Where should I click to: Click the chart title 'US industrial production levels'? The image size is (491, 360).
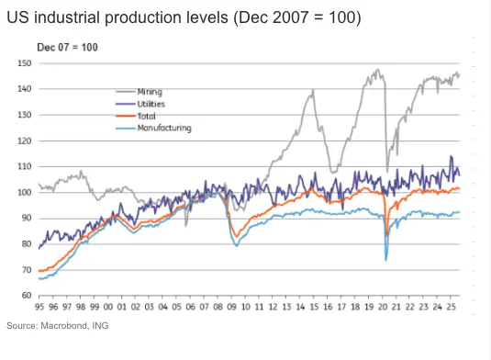[x=117, y=17]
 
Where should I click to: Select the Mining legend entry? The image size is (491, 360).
[x=139, y=92]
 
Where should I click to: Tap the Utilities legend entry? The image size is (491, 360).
[x=140, y=104]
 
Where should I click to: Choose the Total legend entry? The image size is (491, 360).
[x=136, y=117]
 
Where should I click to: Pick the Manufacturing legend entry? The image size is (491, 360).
[x=153, y=129]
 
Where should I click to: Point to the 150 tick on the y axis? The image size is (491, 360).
[x=25, y=63]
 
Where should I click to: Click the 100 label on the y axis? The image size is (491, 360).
[x=25, y=192]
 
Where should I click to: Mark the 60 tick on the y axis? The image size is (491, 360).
[x=27, y=295]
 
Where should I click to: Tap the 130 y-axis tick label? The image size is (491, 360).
[x=25, y=115]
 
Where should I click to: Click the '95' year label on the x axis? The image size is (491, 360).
[x=39, y=307]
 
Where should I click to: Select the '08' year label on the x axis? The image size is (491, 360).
[x=218, y=307]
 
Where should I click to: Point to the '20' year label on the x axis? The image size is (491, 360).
[x=383, y=307]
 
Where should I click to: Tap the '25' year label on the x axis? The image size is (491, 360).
[x=451, y=307]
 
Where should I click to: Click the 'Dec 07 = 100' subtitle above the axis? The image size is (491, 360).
[x=67, y=48]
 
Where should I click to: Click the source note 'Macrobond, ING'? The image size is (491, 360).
[x=75, y=326]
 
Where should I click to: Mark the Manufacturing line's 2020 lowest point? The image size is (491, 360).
[x=385, y=261]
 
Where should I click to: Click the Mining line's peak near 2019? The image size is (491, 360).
[x=378, y=70]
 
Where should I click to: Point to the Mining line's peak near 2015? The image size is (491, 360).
[x=313, y=90]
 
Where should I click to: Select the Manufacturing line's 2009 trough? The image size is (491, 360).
[x=237, y=246]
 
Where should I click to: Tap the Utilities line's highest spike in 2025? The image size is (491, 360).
[x=451, y=156]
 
